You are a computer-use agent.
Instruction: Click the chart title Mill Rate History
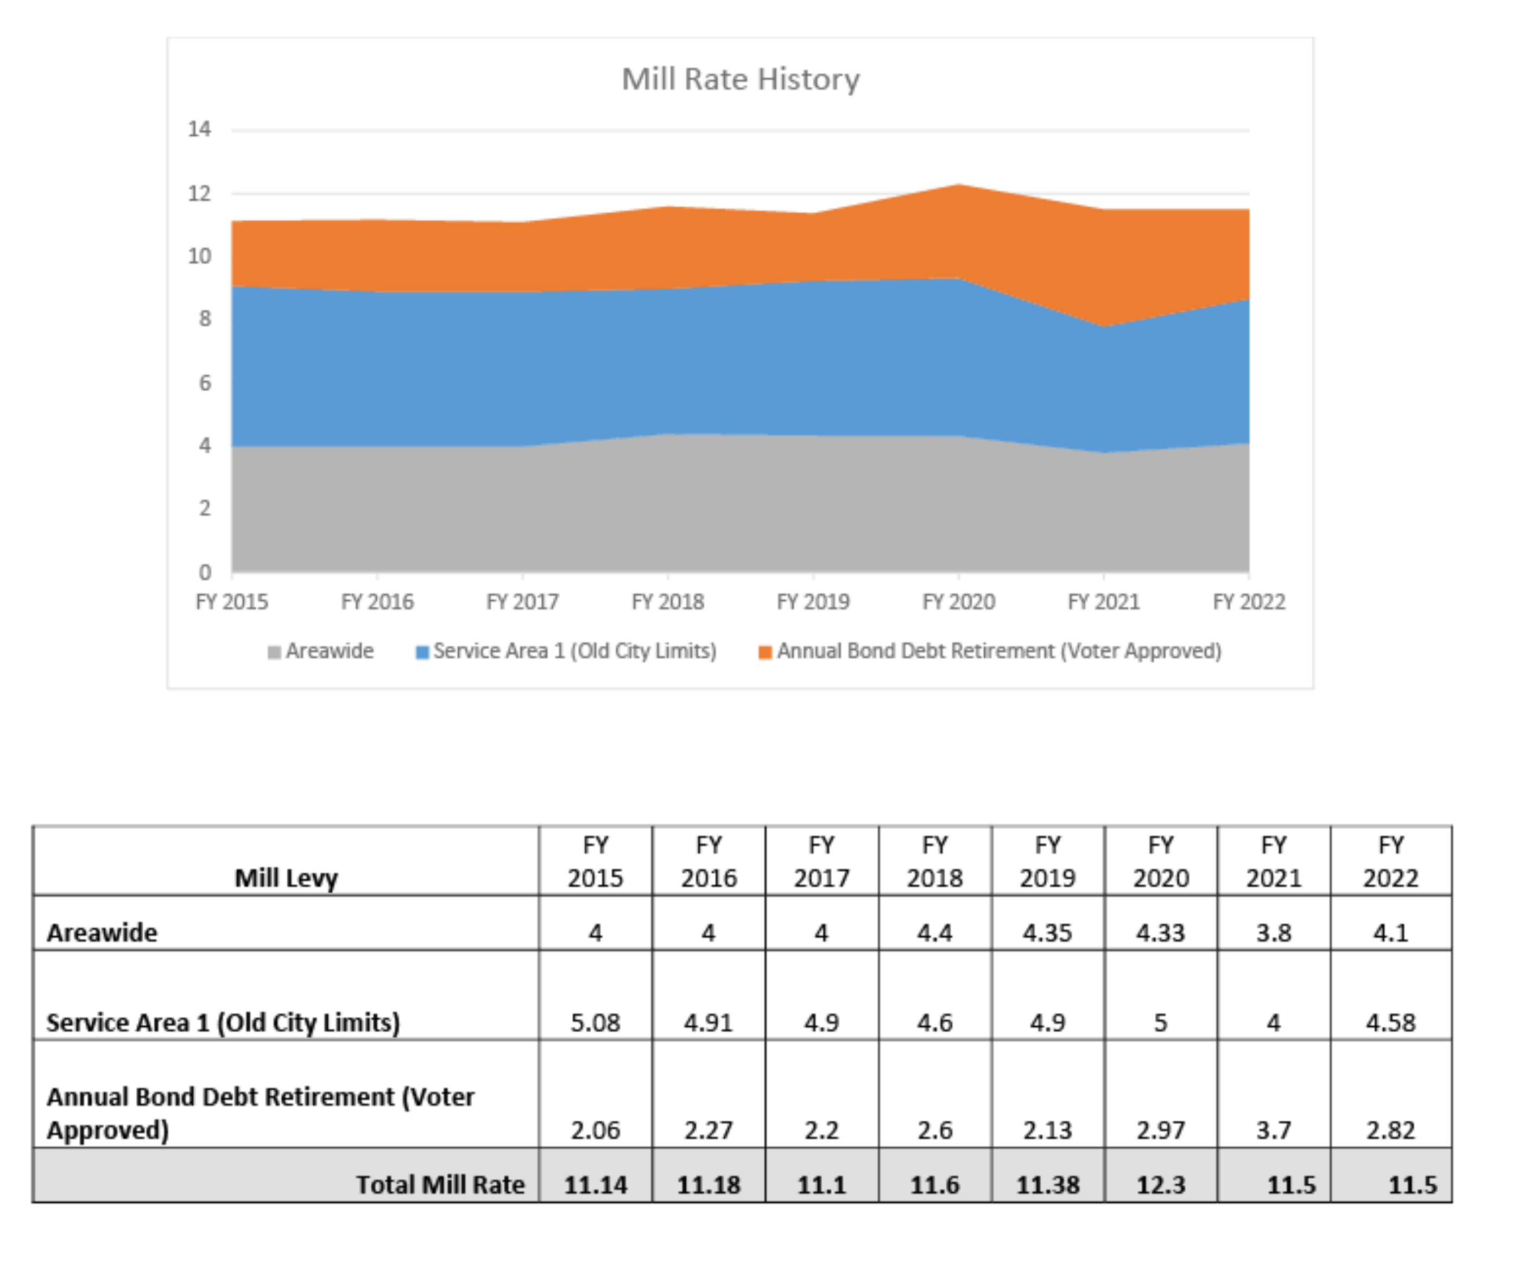740,79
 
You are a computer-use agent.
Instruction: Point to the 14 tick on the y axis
199,129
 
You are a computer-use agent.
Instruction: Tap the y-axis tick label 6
205,383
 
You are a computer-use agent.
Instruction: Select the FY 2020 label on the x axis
958,601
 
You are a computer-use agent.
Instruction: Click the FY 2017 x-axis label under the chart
522,601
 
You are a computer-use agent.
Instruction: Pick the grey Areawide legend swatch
274,652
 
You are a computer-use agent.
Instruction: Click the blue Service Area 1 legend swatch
421,652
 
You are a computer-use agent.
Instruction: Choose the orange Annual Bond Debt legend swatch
765,652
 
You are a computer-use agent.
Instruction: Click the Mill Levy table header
286,877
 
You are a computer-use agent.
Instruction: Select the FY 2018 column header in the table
935,861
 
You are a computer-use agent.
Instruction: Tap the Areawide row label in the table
102,932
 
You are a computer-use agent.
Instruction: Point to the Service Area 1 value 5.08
595,1022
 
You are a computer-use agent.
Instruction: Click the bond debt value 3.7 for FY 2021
1273,1129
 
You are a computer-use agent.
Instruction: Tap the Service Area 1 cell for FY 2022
1390,1022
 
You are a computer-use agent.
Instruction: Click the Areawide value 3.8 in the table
1273,932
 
